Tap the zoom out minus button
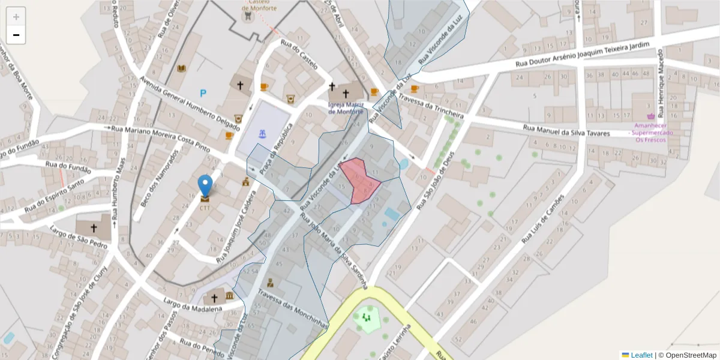pos(16,35)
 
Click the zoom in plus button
pos(16,17)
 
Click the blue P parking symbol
pos(203,94)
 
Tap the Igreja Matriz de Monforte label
pos(346,108)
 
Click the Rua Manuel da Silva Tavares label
pos(566,130)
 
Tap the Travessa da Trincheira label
pos(430,106)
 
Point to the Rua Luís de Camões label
pos(543,218)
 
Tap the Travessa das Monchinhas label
pos(292,309)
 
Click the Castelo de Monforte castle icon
pos(247,17)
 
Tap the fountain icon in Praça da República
pos(262,134)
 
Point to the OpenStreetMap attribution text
pos(687,355)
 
